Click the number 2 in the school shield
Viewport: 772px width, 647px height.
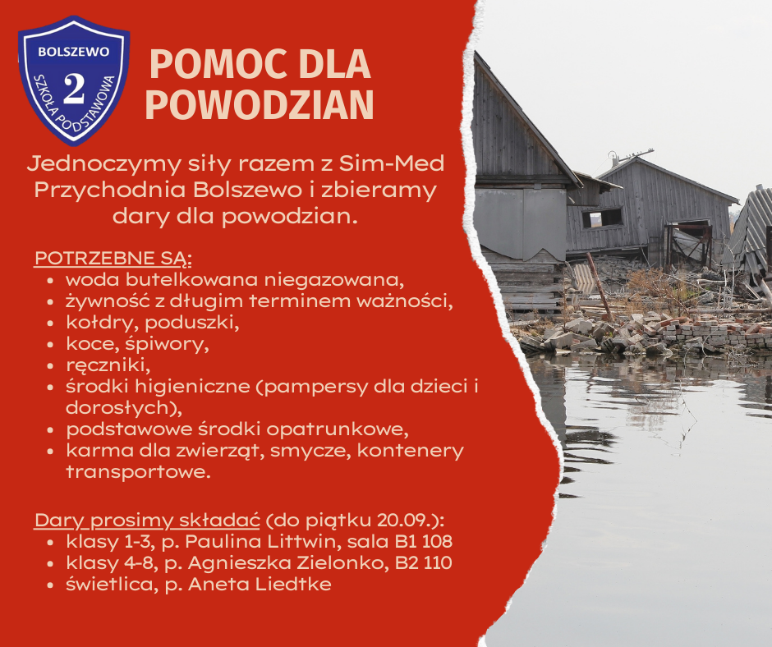click(x=74, y=89)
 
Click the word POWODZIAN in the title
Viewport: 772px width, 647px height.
click(x=264, y=104)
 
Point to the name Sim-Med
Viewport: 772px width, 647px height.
click(x=404, y=163)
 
